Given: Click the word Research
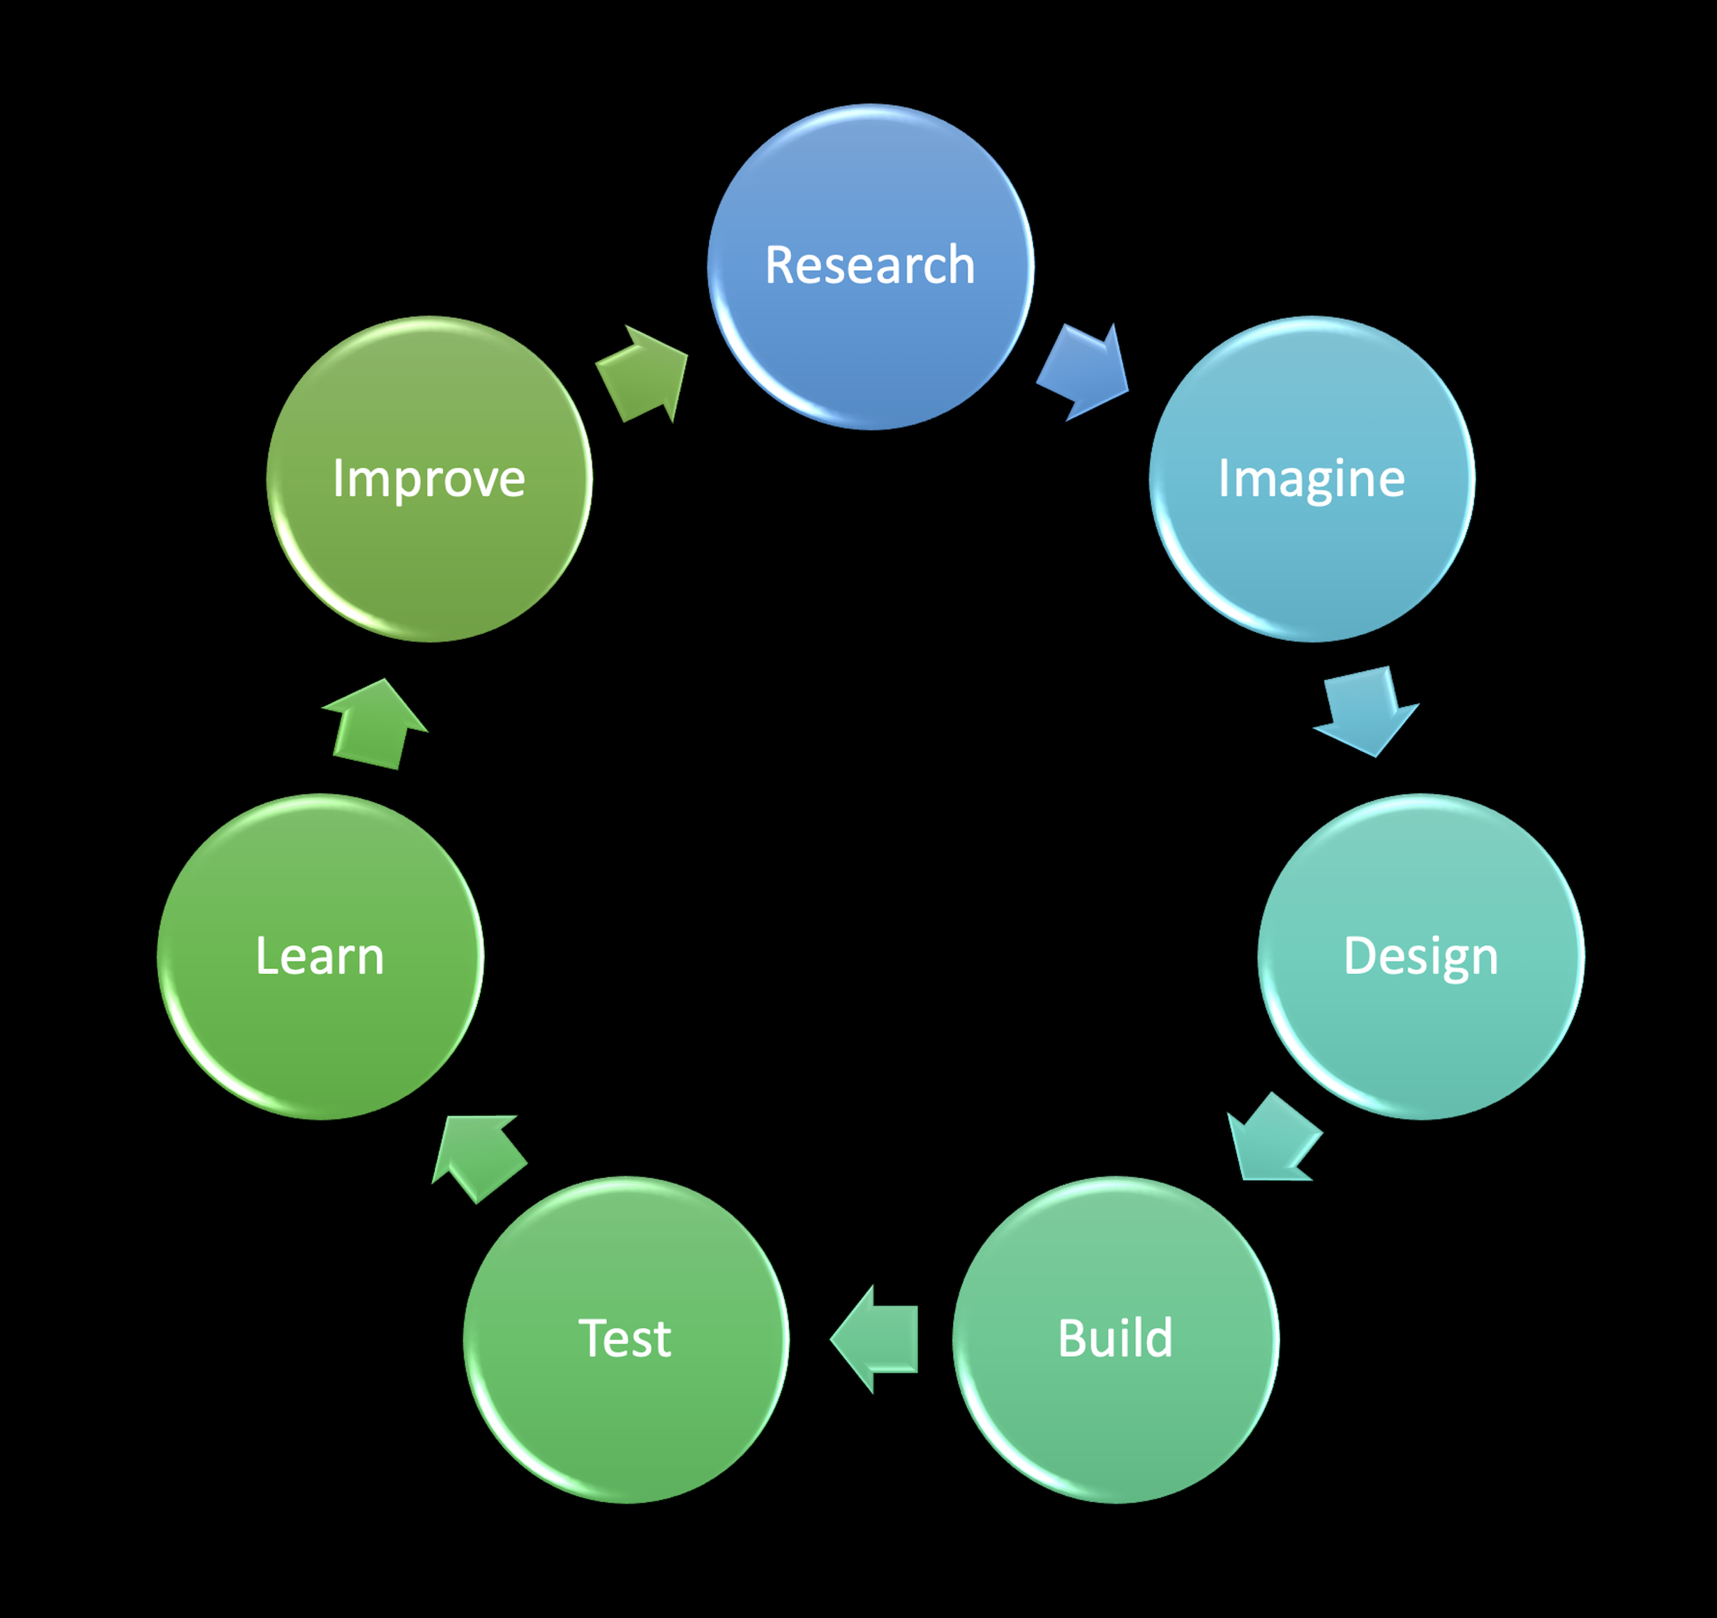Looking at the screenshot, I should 870,264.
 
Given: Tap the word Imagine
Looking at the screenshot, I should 1311,479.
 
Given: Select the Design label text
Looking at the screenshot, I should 1420,957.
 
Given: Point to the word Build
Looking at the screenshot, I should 1115,1338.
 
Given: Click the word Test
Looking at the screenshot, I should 624,1338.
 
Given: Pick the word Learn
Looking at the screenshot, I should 320,957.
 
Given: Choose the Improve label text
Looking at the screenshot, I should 428,479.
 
